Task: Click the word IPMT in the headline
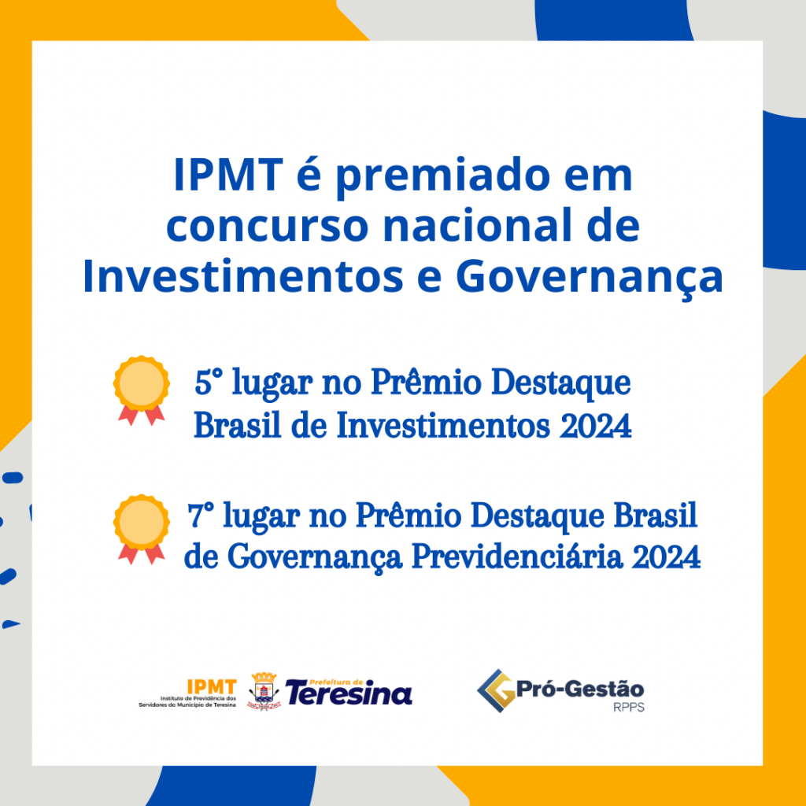click(228, 175)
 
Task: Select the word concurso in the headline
click(268, 226)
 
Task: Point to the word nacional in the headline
click(478, 224)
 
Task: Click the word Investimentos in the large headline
click(243, 275)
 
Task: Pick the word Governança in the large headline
click(589, 279)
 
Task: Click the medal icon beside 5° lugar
click(142, 390)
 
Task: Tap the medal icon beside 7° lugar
click(142, 530)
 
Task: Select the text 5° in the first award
click(209, 383)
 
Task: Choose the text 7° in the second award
click(201, 516)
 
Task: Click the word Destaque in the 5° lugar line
click(560, 384)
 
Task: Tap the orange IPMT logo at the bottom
click(211, 686)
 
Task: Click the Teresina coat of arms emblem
click(264, 691)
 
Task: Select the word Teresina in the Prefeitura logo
click(349, 694)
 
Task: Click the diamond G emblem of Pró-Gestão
click(497, 691)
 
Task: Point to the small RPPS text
click(629, 708)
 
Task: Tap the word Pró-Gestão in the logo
click(580, 689)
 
